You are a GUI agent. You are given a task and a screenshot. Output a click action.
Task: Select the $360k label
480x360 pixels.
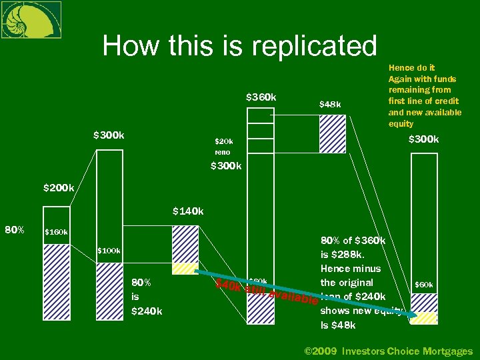261,97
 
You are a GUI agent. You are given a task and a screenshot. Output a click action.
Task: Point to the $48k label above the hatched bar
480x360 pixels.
330,104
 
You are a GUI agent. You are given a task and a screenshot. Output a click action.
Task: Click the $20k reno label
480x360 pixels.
224,147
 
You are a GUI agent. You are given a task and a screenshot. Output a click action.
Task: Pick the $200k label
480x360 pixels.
59,188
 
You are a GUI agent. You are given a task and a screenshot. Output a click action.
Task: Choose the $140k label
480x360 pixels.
187,211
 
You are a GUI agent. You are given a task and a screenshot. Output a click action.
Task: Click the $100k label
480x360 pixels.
109,251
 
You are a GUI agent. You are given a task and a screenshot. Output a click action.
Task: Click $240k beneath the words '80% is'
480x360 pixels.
147,311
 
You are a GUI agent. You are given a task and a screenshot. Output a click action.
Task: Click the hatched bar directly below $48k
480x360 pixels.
332,134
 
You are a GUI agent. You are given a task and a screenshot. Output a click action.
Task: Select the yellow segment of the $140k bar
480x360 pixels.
185,269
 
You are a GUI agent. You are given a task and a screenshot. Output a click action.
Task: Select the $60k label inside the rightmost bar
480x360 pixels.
424,285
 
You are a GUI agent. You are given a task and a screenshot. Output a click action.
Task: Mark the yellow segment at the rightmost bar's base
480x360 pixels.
423,319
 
